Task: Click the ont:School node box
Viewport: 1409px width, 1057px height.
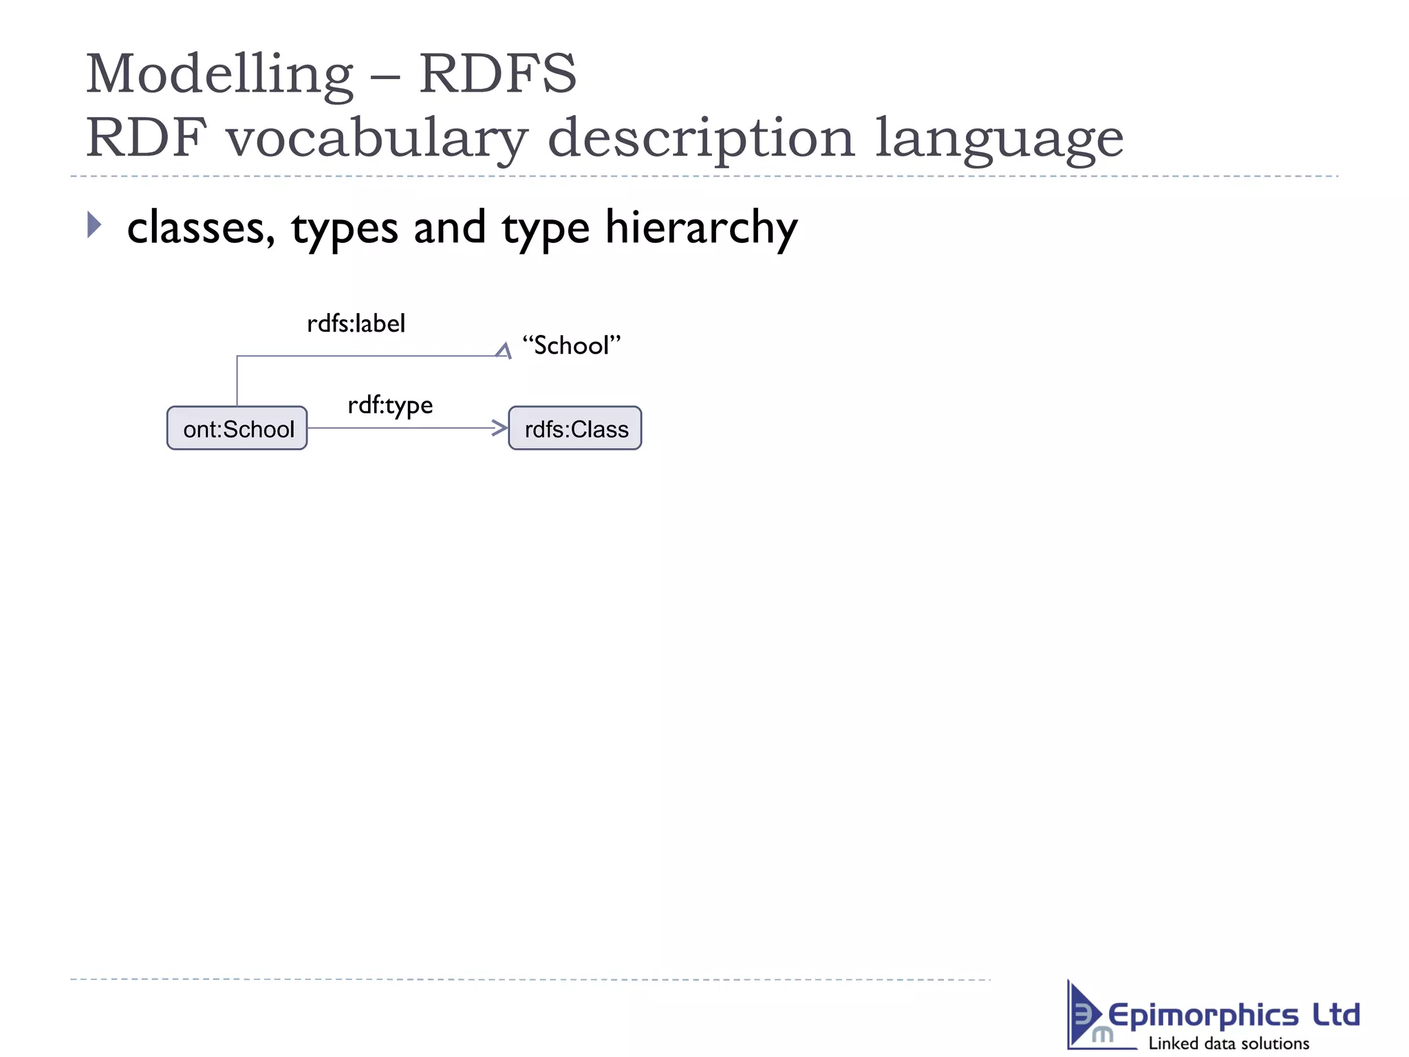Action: (237, 428)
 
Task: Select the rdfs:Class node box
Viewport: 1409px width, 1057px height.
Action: (575, 428)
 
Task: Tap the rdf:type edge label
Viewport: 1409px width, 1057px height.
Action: (390, 405)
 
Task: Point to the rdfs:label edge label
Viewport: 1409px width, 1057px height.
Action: (356, 323)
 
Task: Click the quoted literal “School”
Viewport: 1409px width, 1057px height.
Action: (571, 345)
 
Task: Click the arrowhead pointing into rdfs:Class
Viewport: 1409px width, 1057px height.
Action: (500, 428)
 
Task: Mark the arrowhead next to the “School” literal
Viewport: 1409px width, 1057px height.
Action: (504, 351)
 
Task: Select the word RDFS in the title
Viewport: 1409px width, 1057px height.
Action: (498, 74)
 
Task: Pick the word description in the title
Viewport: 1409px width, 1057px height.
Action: (701, 138)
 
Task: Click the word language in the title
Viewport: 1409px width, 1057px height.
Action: (999, 138)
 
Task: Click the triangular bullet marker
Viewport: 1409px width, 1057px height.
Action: (94, 225)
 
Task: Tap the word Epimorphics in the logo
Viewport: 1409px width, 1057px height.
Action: (1203, 1015)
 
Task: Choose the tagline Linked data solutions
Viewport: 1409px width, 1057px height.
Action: (1229, 1043)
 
